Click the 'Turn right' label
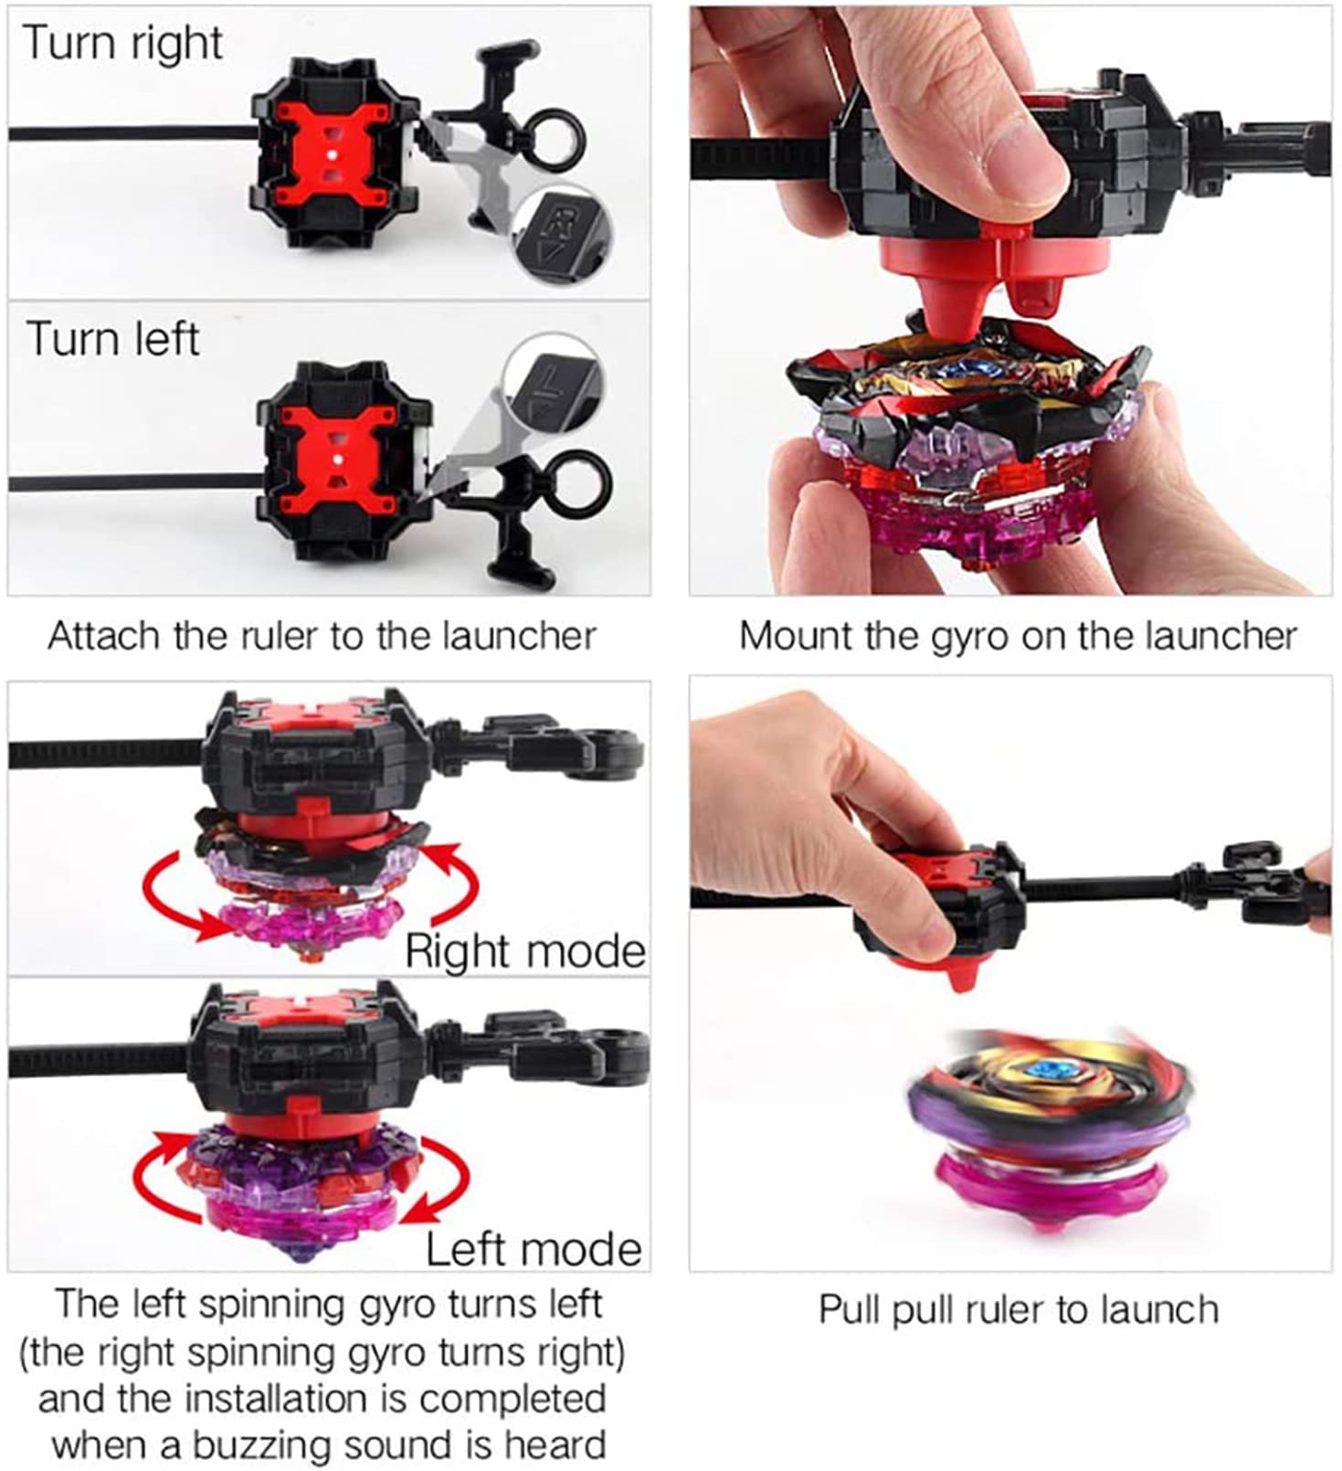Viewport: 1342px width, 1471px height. [122, 43]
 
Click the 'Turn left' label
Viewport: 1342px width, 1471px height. [111, 339]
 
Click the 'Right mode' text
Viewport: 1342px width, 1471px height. [525, 951]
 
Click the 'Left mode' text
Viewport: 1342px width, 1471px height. [534, 1249]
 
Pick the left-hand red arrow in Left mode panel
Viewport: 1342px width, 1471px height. [160, 1179]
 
